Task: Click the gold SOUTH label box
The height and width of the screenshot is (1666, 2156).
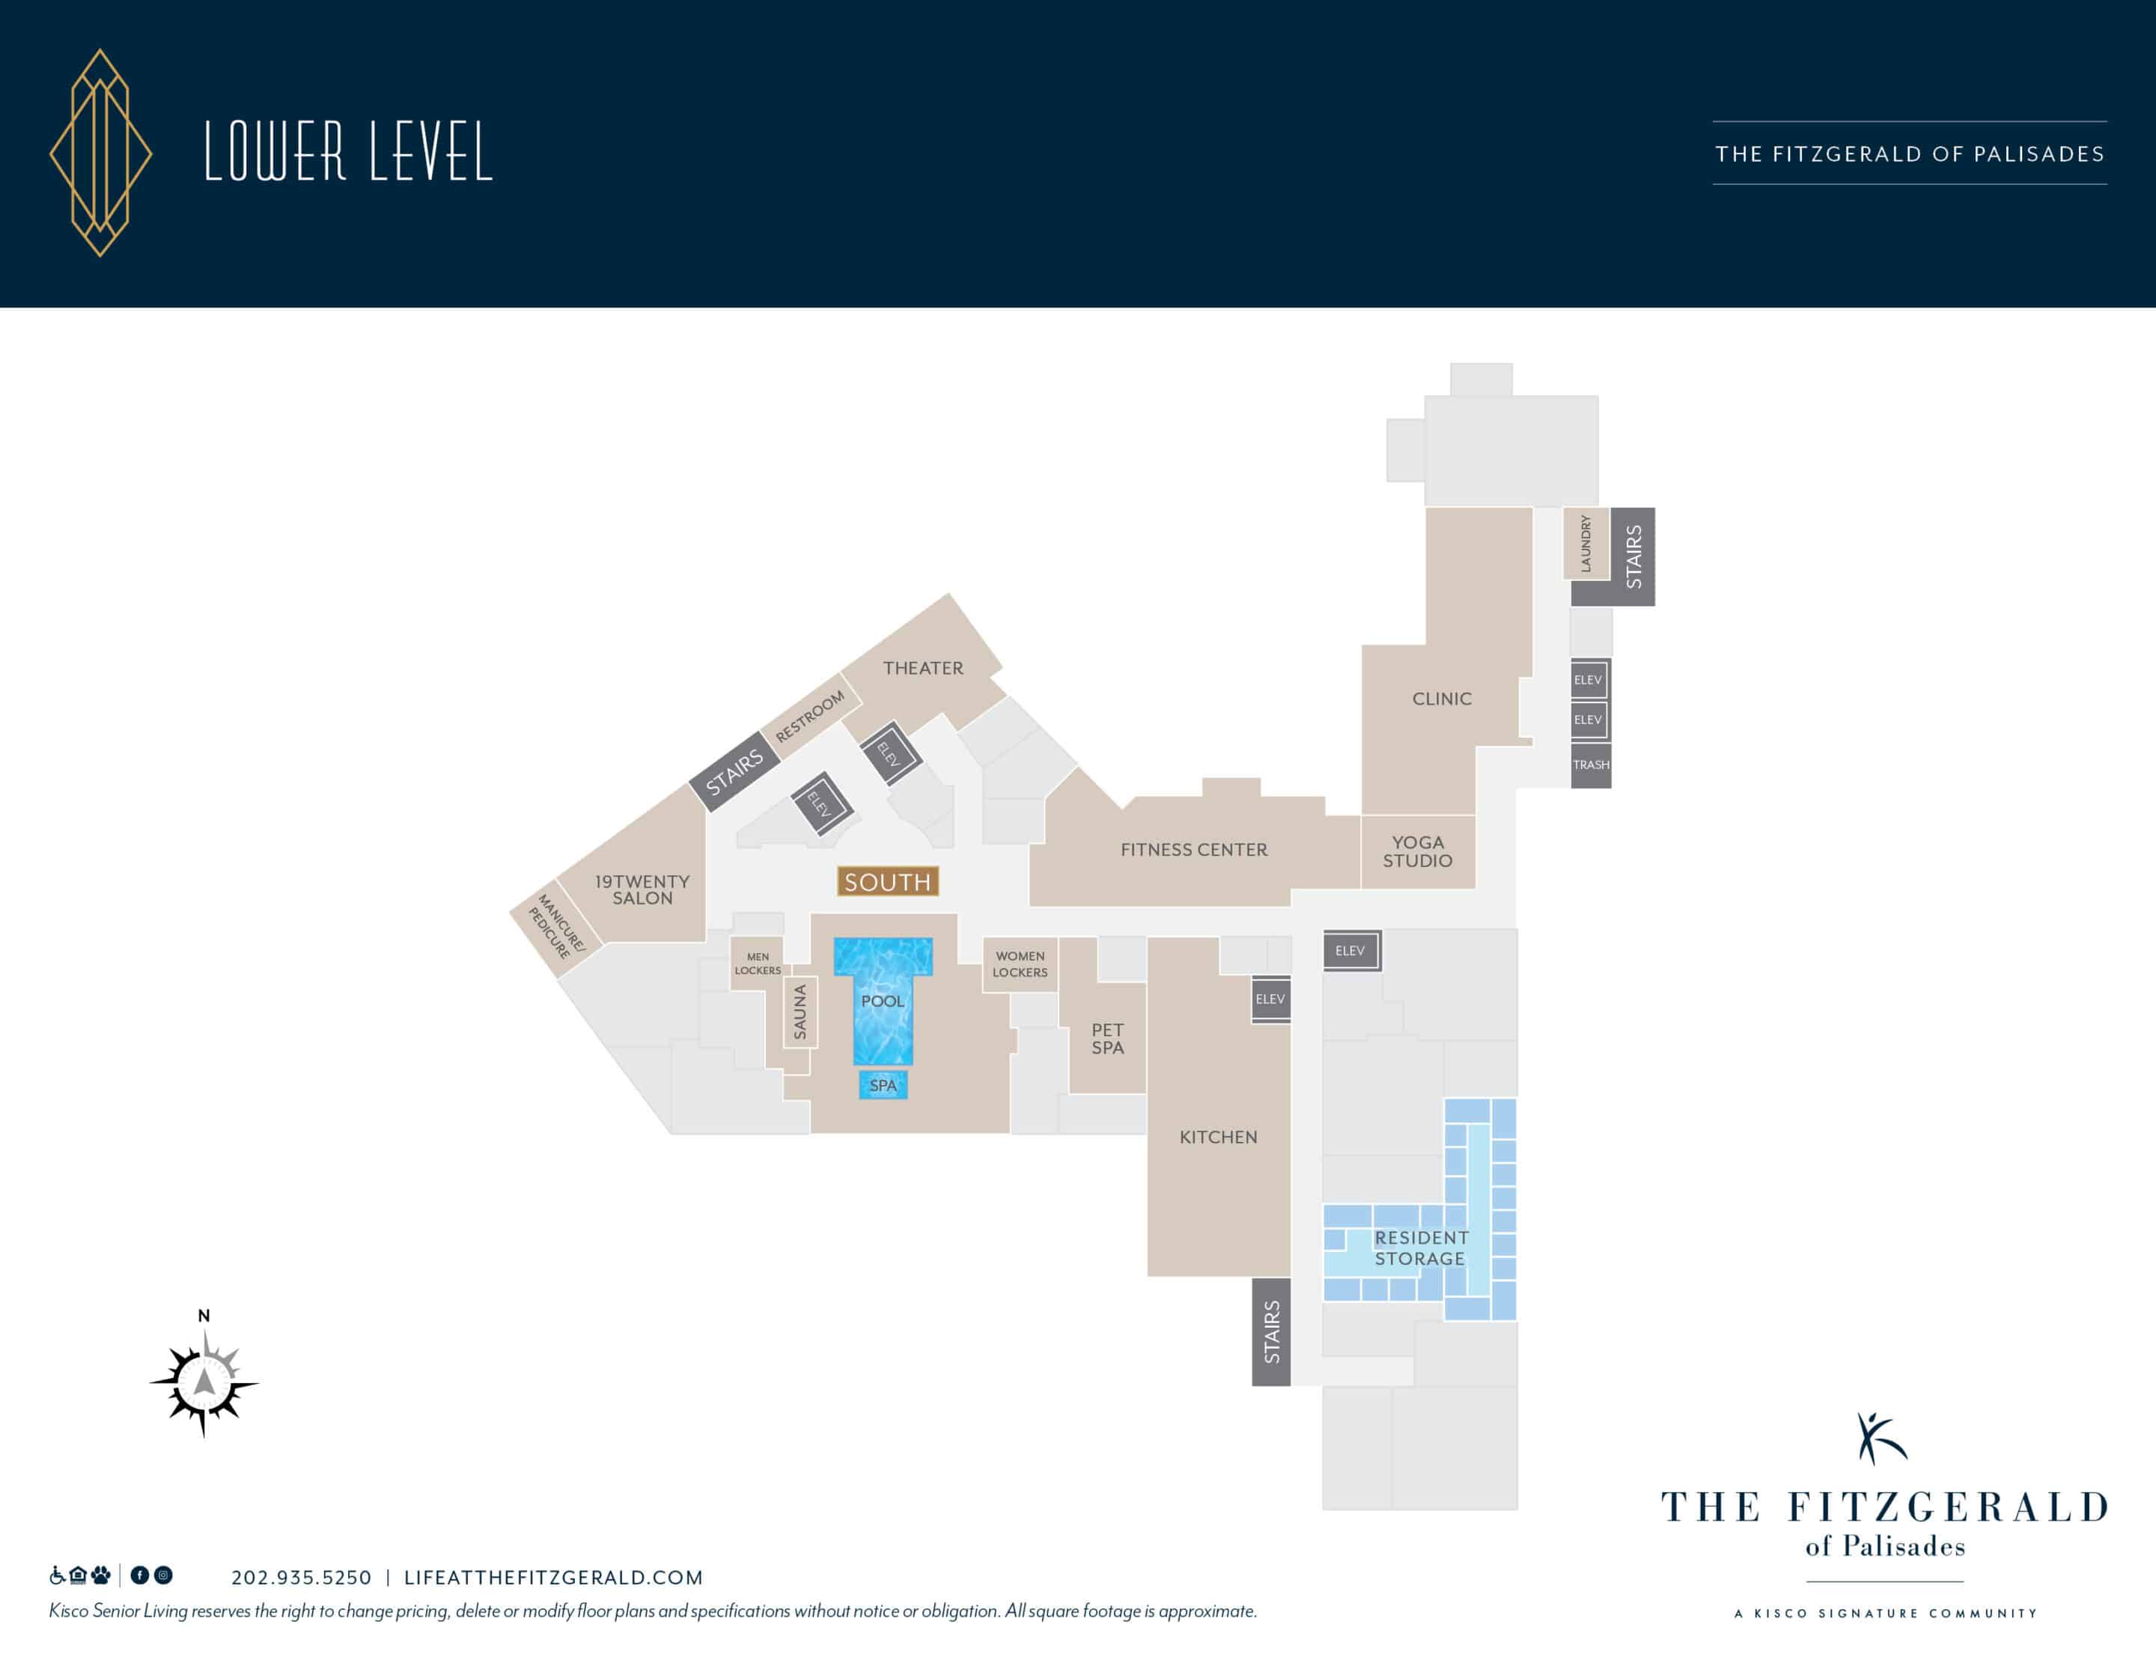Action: click(x=887, y=881)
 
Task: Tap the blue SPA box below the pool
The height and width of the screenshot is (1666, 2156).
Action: click(x=883, y=1085)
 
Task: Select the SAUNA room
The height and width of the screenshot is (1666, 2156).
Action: click(x=800, y=1012)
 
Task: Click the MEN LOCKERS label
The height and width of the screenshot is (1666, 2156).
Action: click(x=757, y=964)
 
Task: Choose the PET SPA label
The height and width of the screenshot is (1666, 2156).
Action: click(x=1108, y=1039)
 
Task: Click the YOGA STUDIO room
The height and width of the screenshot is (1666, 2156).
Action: click(x=1419, y=851)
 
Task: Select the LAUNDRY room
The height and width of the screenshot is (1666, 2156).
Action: click(x=1586, y=543)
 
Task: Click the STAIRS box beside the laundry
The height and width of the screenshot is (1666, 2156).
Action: click(x=1633, y=556)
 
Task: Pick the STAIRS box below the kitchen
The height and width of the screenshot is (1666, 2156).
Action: click(x=1271, y=1332)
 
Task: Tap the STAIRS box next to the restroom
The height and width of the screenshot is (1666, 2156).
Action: click(x=734, y=771)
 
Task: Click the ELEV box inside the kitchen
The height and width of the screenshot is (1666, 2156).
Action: click(x=1270, y=1000)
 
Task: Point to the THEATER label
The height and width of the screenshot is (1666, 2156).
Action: click(x=923, y=669)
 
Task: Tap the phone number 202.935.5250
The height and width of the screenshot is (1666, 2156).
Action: click(x=301, y=1577)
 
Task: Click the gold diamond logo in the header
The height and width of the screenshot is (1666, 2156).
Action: click(x=101, y=153)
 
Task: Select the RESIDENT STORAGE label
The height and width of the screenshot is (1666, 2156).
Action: click(x=1421, y=1248)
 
